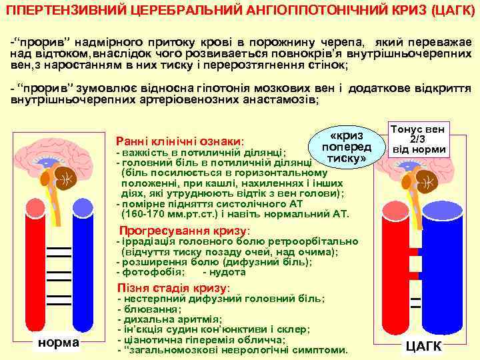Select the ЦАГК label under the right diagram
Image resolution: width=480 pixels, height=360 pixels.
(x=424, y=346)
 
